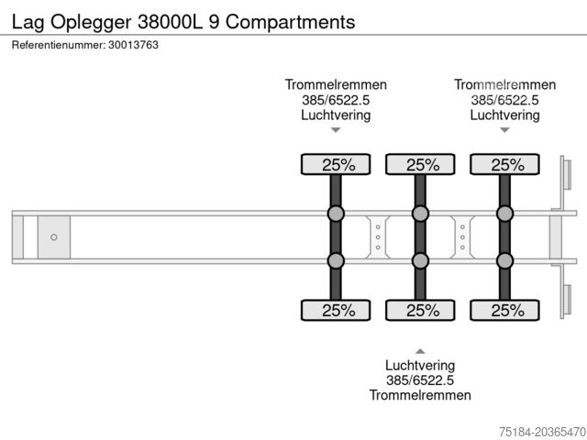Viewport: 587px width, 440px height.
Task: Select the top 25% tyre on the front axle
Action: (x=336, y=165)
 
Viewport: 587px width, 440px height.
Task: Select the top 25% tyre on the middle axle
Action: (x=420, y=165)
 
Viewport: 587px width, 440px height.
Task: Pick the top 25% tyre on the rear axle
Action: (x=504, y=165)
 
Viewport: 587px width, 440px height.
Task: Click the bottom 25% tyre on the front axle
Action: (x=336, y=310)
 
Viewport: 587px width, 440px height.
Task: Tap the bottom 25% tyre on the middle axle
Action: (x=420, y=310)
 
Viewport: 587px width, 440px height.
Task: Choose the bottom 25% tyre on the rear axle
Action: (x=504, y=310)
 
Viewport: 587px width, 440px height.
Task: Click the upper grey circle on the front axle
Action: (x=336, y=214)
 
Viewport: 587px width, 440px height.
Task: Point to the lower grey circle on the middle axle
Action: (x=420, y=261)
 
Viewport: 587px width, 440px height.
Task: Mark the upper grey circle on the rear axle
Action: (x=504, y=214)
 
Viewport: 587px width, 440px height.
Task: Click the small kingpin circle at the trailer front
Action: (x=54, y=237)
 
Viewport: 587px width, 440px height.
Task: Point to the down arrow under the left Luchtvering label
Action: (x=336, y=130)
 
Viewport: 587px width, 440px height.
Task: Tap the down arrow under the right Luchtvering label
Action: (x=504, y=130)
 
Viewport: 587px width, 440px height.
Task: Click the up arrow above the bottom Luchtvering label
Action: (x=420, y=350)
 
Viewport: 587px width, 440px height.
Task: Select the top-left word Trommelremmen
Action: (x=336, y=85)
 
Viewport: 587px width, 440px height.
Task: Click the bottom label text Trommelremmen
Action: (x=420, y=395)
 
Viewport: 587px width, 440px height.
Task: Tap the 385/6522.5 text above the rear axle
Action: (x=504, y=100)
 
